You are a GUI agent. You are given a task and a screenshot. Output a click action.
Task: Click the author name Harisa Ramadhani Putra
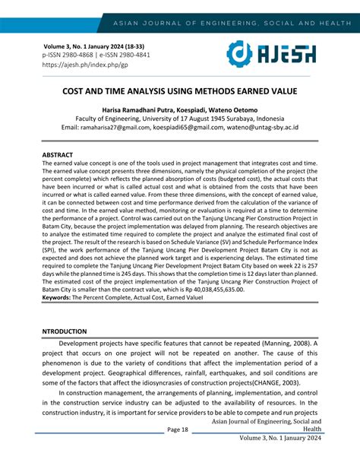[x=144, y=109]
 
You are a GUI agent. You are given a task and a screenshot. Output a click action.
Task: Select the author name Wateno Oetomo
[x=254, y=109]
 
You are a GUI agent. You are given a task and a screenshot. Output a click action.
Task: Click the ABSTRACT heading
[x=58, y=154]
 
